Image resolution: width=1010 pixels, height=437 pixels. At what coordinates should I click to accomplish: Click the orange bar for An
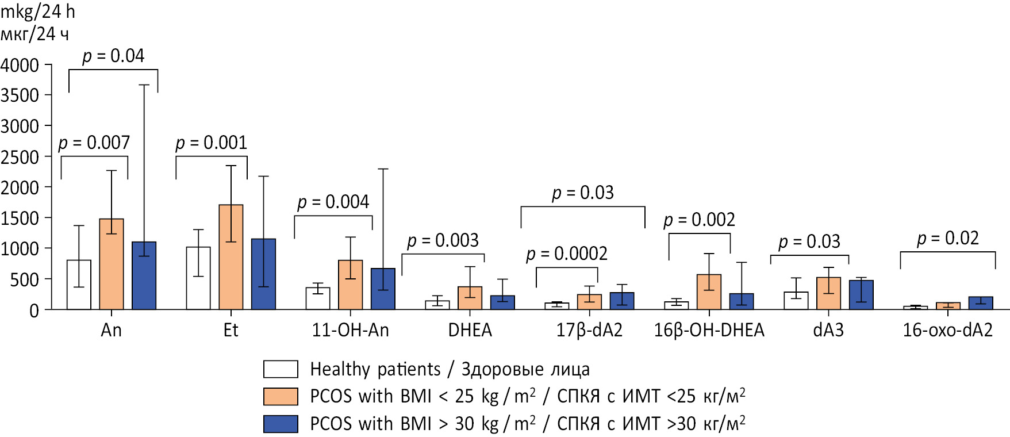pos(112,264)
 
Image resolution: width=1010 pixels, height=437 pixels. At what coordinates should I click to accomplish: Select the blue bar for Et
pos(263,274)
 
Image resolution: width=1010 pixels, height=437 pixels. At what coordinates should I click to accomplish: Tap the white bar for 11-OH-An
pos(318,299)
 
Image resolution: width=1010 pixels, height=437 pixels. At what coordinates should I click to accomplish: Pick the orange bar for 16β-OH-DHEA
pos(709,292)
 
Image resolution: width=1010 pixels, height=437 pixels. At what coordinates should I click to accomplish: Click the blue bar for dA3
pos(861,295)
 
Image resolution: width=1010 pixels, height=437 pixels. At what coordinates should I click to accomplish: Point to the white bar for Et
pos(198,278)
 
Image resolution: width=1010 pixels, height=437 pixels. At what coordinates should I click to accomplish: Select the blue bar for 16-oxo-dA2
pos(981,303)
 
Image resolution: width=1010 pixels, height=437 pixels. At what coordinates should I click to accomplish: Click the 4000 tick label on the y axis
pos(20,65)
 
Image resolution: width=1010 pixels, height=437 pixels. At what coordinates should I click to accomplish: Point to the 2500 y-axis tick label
pos(20,157)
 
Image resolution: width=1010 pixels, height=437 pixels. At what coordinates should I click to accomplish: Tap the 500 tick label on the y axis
pos(25,280)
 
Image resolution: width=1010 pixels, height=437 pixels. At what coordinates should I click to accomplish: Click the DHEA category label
pos(470,330)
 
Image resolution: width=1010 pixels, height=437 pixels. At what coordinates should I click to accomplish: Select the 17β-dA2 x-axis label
pos(589,330)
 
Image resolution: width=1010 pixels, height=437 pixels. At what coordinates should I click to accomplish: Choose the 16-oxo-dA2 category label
pos(948,330)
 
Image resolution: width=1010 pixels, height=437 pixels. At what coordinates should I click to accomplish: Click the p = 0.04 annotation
pos(113,56)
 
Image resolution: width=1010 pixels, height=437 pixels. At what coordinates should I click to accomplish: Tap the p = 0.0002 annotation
pos(567,254)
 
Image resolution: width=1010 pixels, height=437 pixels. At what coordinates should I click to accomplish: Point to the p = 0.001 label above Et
pos(211,143)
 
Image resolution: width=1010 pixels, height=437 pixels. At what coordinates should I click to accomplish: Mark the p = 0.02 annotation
pos(948,238)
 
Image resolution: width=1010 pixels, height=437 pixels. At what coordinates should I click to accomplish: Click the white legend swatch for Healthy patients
pos(281,369)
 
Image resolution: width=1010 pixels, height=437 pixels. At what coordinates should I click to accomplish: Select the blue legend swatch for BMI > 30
pos(281,424)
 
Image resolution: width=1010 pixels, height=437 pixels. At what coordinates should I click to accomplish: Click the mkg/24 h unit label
pos(37,11)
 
